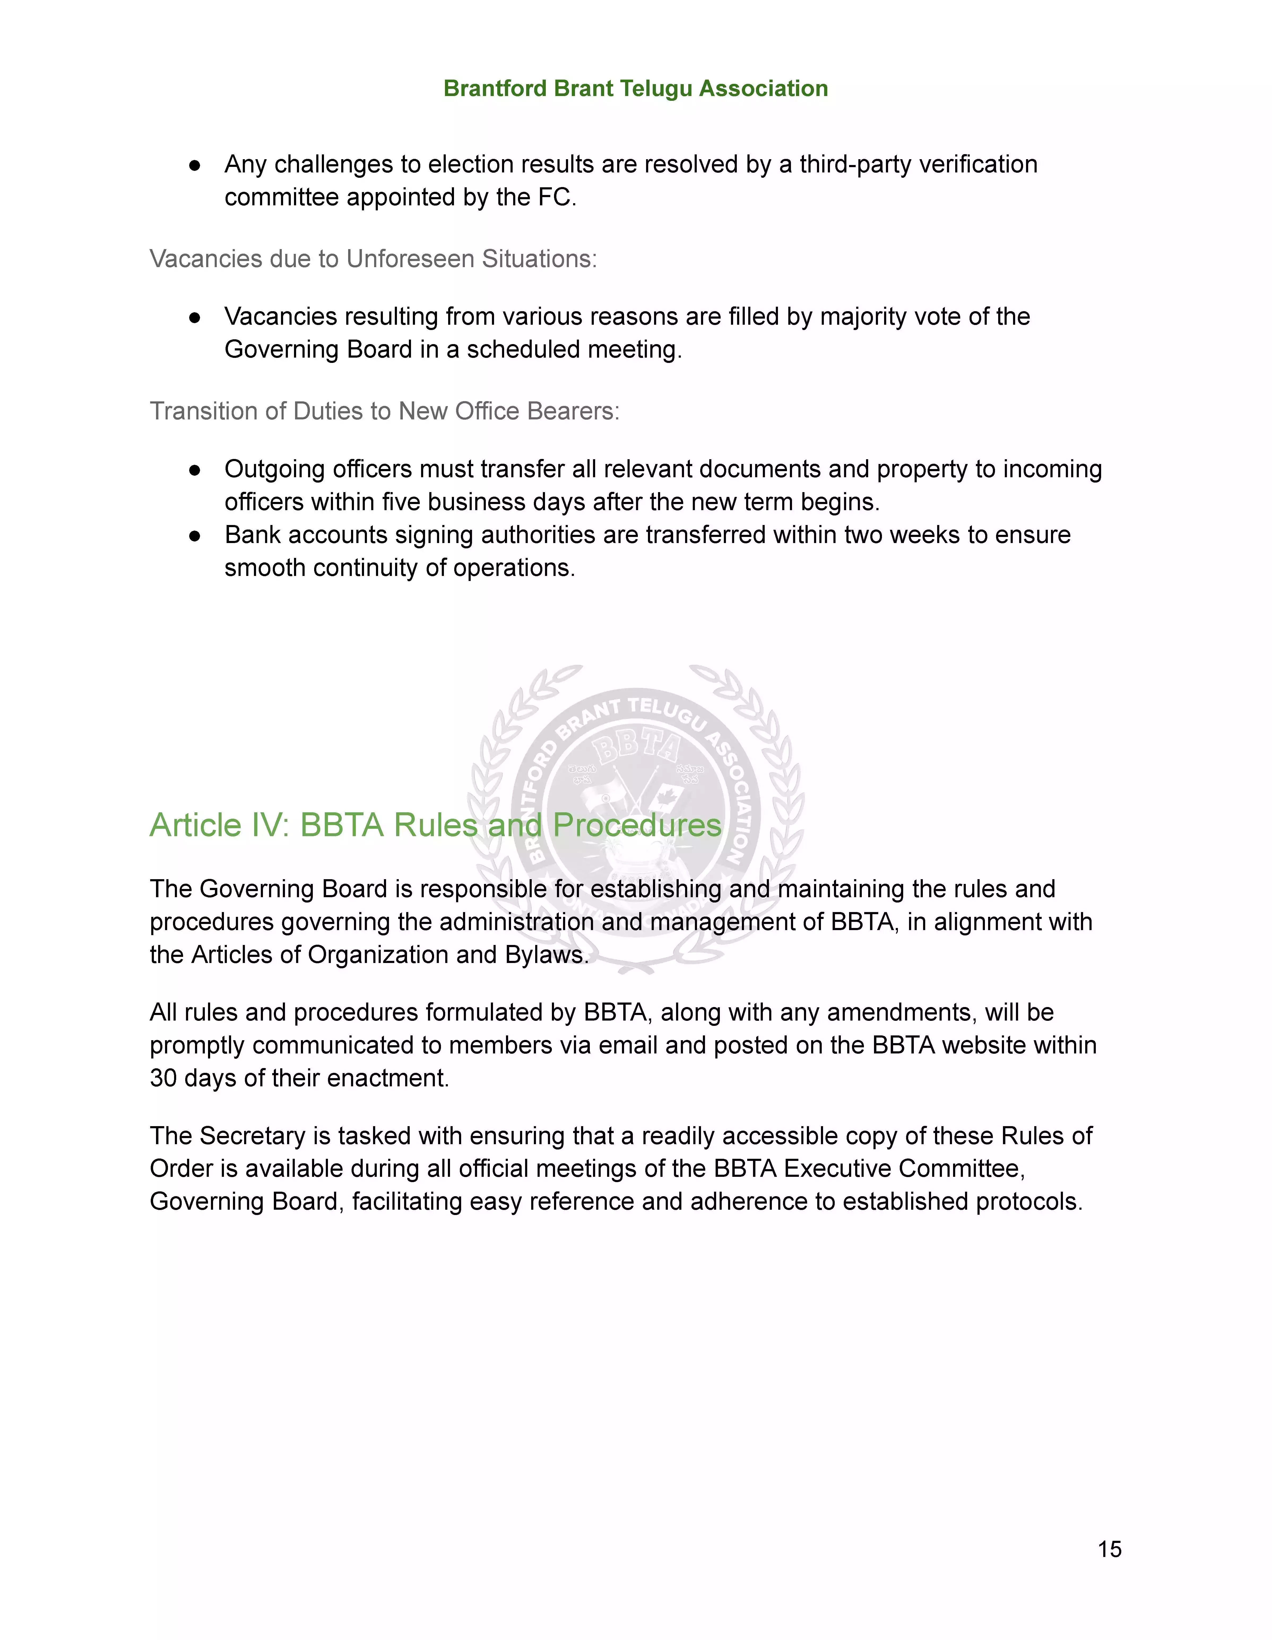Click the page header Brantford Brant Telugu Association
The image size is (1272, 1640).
click(x=635, y=89)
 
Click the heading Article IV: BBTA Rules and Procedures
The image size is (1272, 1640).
click(x=435, y=825)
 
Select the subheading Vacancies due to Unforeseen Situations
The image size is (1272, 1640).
click(x=373, y=259)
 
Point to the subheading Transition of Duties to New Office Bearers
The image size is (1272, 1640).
click(x=384, y=411)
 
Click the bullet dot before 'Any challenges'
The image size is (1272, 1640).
click(x=194, y=165)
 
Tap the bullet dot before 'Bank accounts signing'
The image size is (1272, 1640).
click(x=194, y=536)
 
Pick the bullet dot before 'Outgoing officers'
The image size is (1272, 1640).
click(x=194, y=470)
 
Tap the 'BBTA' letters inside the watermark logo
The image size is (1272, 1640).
click(x=636, y=747)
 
